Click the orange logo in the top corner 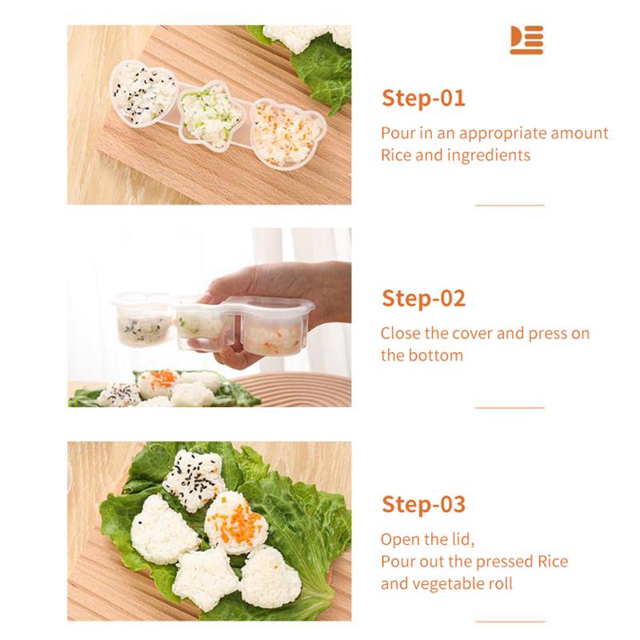point(526,40)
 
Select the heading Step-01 point(423,98)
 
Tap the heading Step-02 point(423,298)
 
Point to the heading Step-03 point(423,505)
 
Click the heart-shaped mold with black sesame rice point(142,95)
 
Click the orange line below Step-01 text point(510,206)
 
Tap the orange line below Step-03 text point(510,622)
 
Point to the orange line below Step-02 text point(510,407)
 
